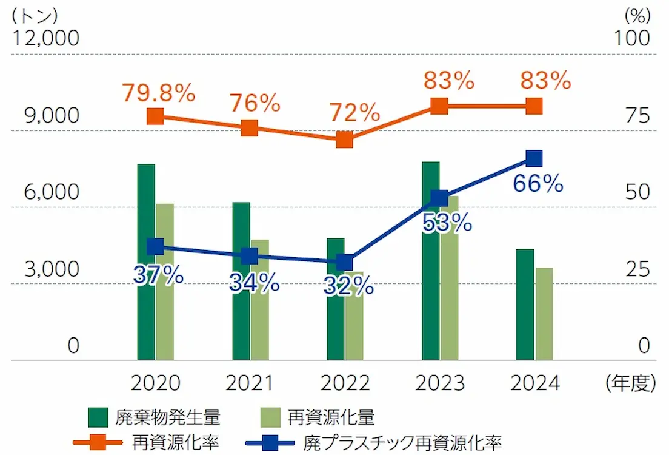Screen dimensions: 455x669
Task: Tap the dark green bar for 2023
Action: click(431, 285)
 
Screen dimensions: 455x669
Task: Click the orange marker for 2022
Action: click(344, 140)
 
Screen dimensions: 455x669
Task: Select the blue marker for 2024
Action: click(533, 158)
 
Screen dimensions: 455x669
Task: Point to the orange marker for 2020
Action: click(155, 116)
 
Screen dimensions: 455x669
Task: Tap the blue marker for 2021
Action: click(250, 256)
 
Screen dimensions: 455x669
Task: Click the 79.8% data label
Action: click(158, 92)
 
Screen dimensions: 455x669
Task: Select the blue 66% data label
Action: click(538, 183)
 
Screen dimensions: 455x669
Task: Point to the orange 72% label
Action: click(354, 112)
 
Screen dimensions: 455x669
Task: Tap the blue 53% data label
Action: click(447, 223)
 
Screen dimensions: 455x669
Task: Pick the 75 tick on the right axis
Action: click(637, 115)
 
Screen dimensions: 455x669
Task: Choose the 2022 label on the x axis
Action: click(344, 383)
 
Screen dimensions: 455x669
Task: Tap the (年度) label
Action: click(630, 383)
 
